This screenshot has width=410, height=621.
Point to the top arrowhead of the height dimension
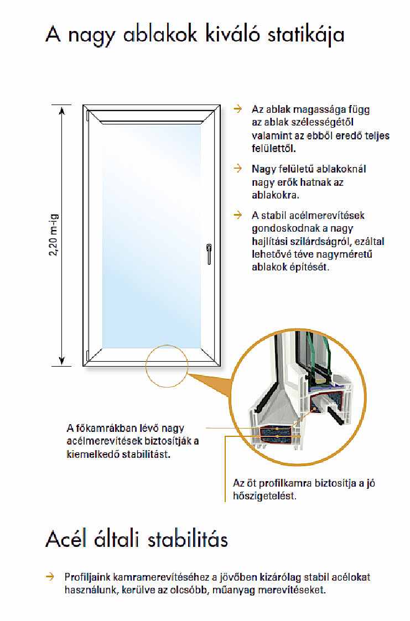pos(61,108)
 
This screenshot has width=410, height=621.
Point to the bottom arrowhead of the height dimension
pos(61,362)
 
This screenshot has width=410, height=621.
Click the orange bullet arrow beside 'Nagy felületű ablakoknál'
pos(238,168)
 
